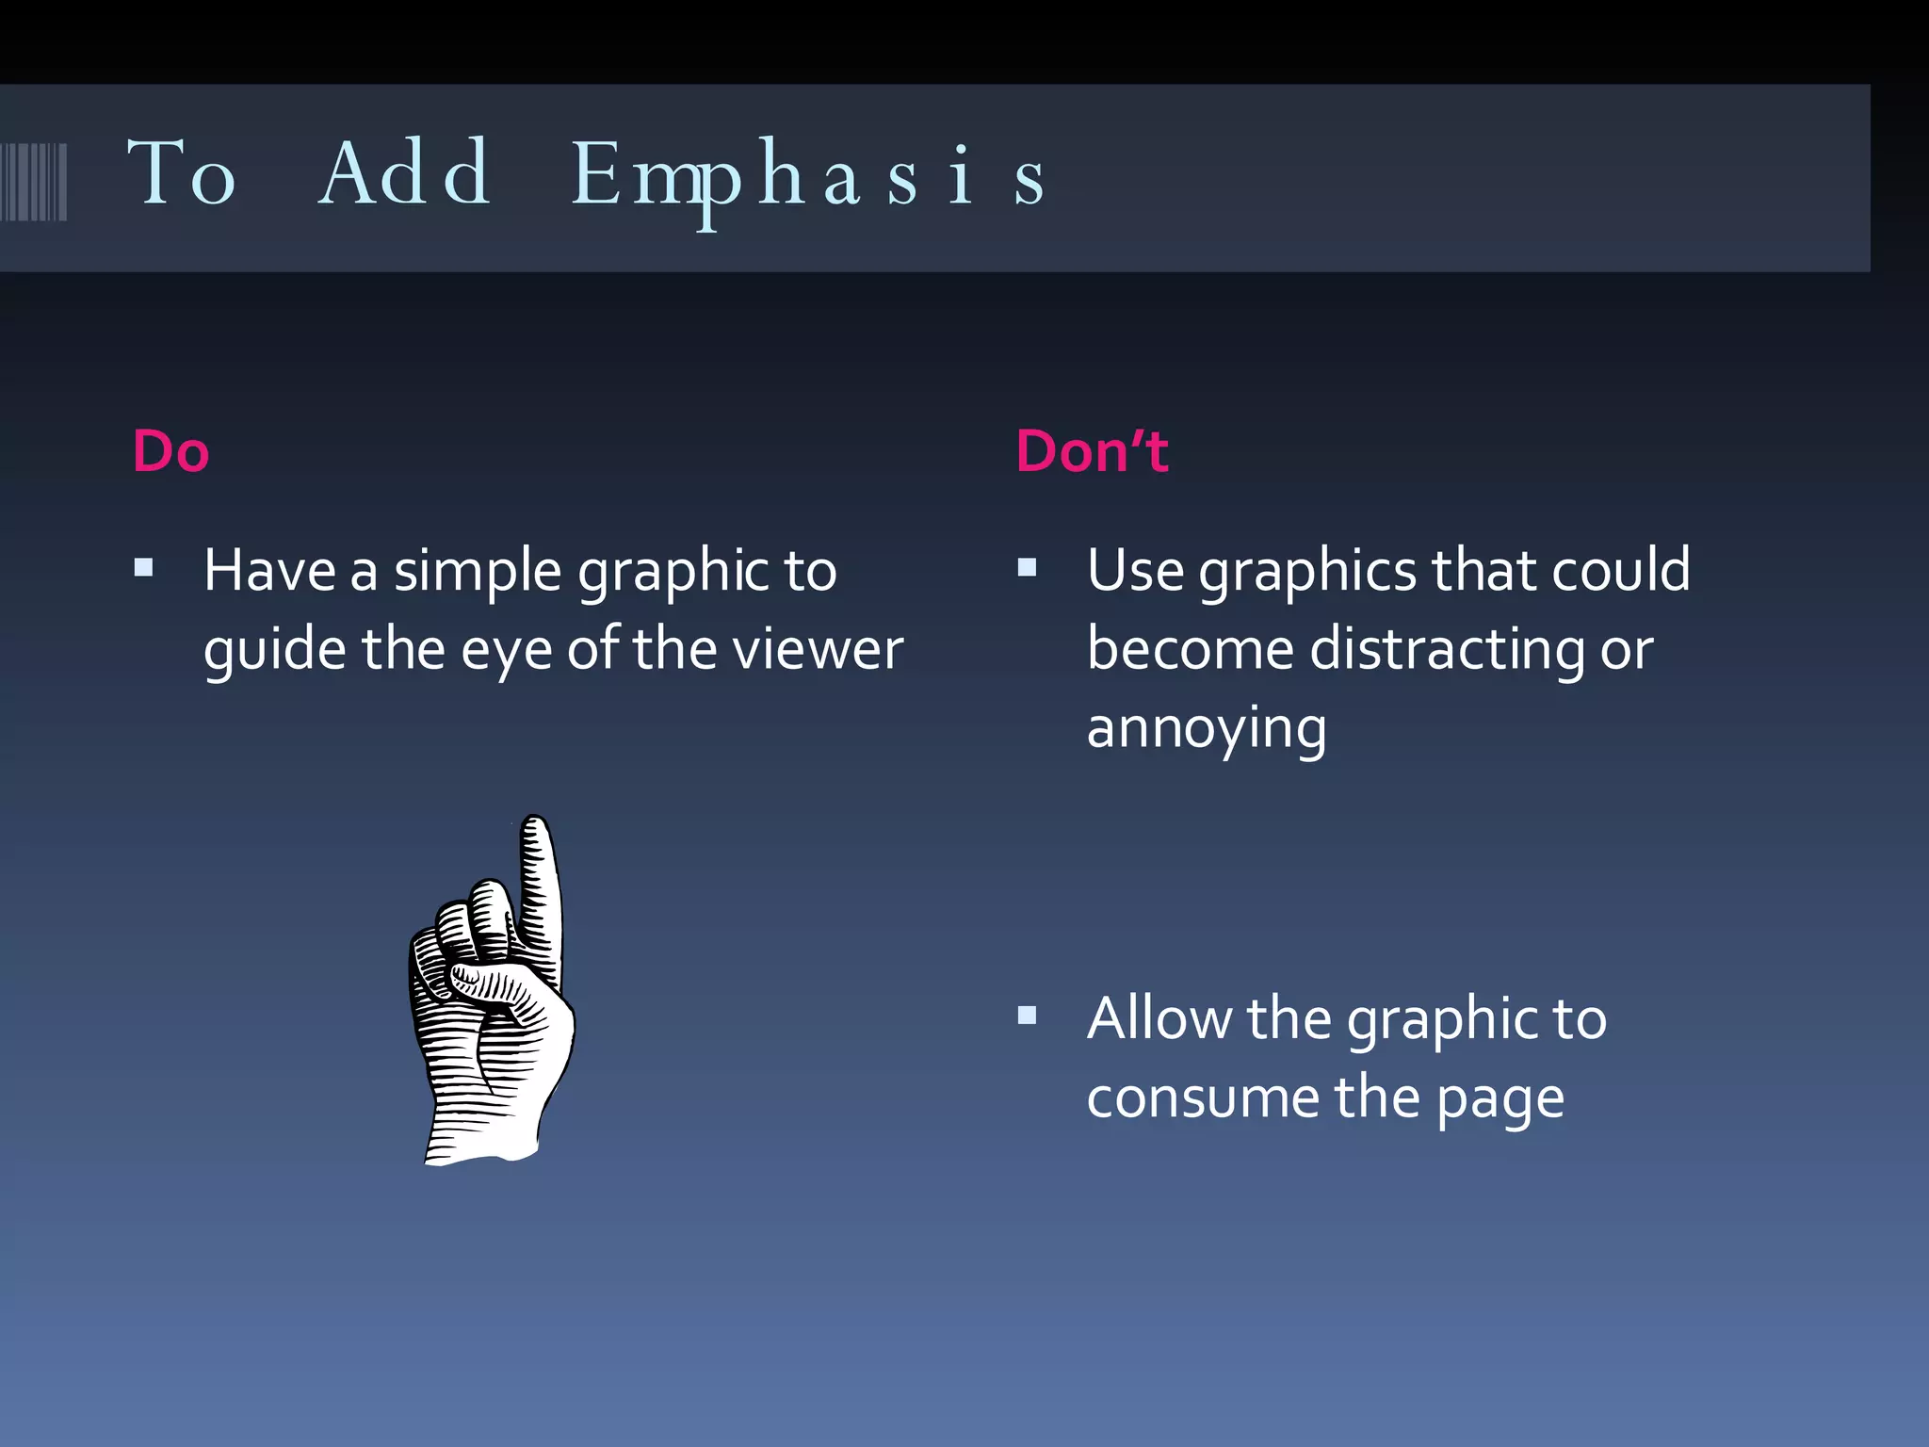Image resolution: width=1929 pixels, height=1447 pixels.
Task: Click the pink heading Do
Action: pyautogui.click(x=170, y=451)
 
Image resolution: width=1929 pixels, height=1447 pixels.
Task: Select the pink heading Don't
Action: pyautogui.click(x=1092, y=451)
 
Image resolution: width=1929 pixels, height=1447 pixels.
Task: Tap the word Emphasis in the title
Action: pyautogui.click(x=808, y=175)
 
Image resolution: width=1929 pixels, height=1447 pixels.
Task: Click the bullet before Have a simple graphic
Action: pyautogui.click(x=144, y=567)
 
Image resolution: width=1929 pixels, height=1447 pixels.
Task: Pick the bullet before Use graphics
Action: pyautogui.click(x=1028, y=567)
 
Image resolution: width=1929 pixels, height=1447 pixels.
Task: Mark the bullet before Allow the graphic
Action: pyautogui.click(x=1028, y=1016)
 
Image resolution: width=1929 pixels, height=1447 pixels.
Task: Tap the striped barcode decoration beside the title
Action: pyautogui.click(x=34, y=181)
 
